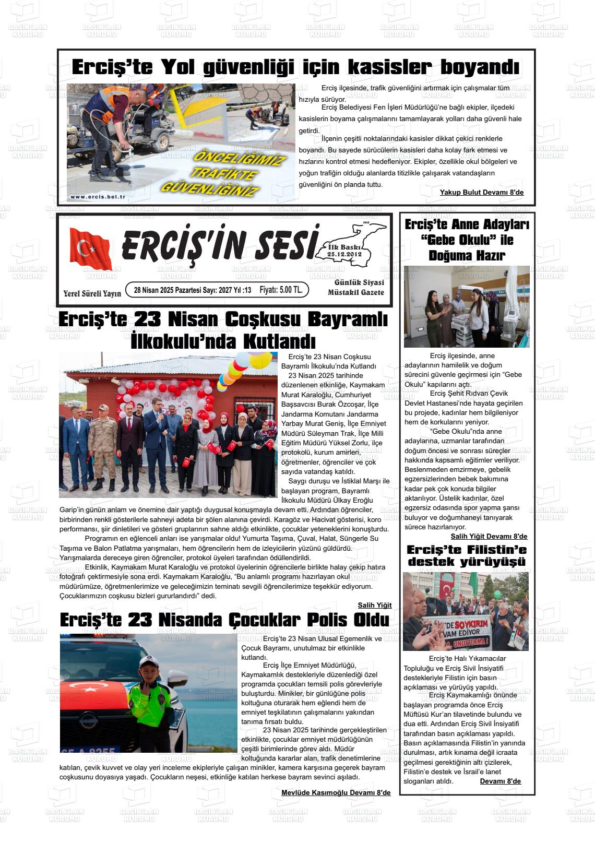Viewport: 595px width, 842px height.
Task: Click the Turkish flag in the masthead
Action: click(91, 248)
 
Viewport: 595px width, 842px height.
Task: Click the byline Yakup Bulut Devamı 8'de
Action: click(481, 193)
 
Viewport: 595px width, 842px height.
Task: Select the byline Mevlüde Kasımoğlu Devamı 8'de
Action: click(336, 792)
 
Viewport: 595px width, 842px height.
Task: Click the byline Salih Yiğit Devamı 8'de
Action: click(489, 536)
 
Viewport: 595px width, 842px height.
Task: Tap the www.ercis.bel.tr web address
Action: click(98, 197)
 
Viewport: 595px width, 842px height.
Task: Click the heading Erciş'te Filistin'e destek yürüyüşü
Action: click(467, 555)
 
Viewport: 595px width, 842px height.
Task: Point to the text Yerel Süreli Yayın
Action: click(92, 293)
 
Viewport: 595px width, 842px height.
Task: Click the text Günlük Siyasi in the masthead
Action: click(359, 282)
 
